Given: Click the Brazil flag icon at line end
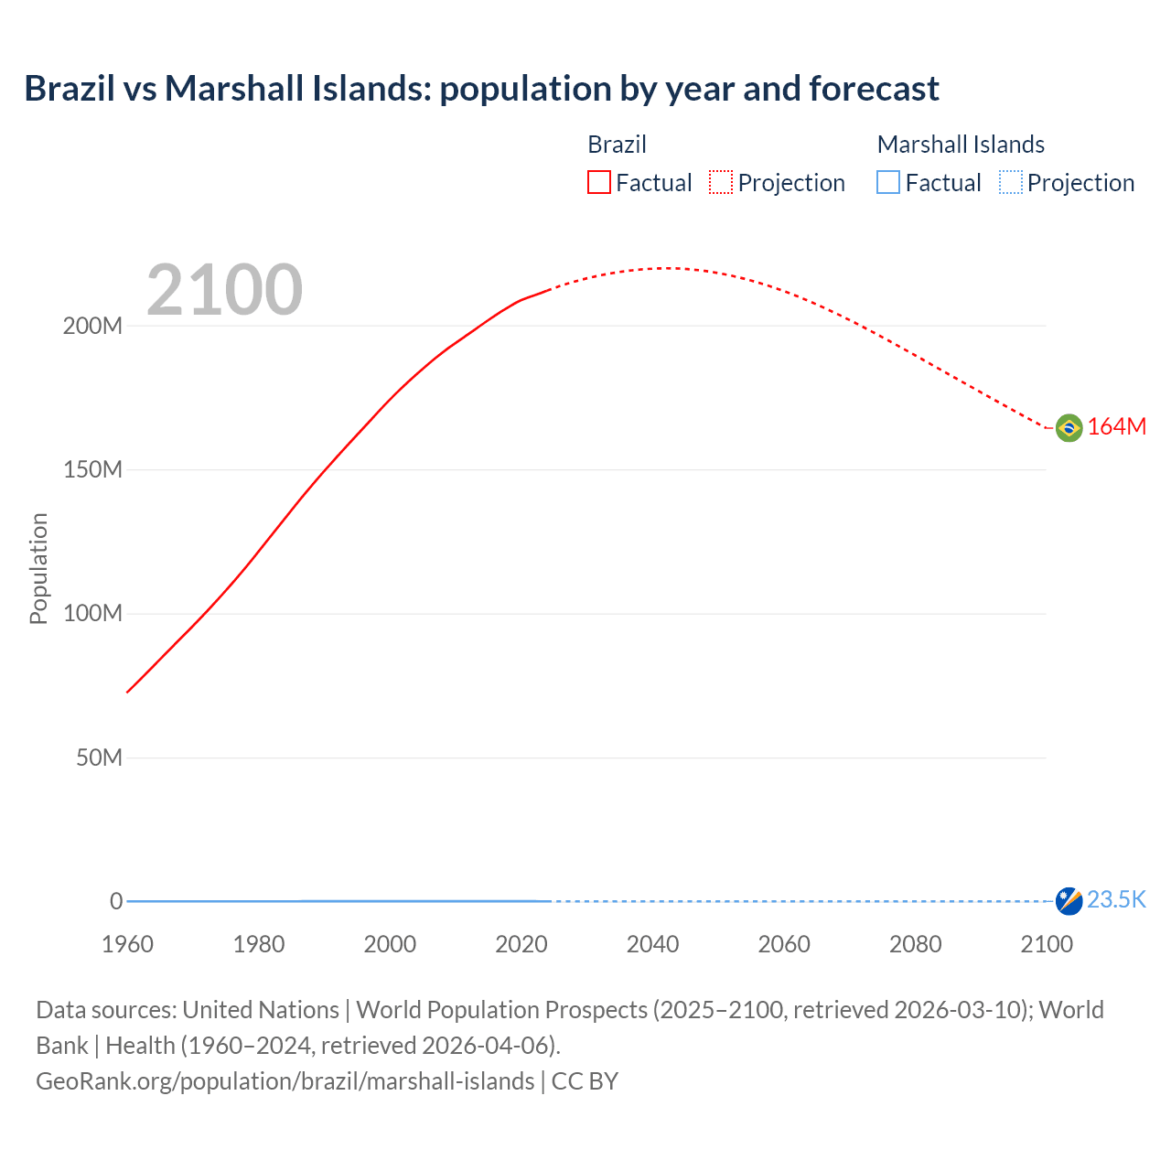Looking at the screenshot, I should pos(1069,427).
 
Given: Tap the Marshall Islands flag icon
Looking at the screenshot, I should pos(1069,901).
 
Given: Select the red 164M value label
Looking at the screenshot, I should pos(1116,427).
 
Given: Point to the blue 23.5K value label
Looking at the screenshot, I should pos(1116,900).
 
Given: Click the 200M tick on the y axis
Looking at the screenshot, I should pos(92,327).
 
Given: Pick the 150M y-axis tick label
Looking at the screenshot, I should pos(92,470).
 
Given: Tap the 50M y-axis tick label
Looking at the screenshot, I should pos(99,758).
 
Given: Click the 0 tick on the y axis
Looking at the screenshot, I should pos(116,902).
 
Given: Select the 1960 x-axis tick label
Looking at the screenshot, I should pos(127,945).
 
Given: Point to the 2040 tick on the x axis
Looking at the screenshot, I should pos(652,945).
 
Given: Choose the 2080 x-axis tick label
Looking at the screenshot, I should pos(915,945).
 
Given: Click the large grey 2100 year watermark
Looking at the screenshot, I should pos(224,290).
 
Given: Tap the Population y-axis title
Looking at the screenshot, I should pos(38,568).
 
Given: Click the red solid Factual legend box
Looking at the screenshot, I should pos(599,183).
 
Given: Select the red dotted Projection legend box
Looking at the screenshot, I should pos(721,183).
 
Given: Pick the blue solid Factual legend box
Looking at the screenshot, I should pos(888,183).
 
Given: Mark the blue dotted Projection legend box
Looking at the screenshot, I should pos(1010,183).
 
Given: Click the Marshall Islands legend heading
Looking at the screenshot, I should pos(961,145).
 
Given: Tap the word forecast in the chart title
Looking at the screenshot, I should pos(874,89).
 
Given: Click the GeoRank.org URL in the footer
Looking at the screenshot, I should pos(285,1081).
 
